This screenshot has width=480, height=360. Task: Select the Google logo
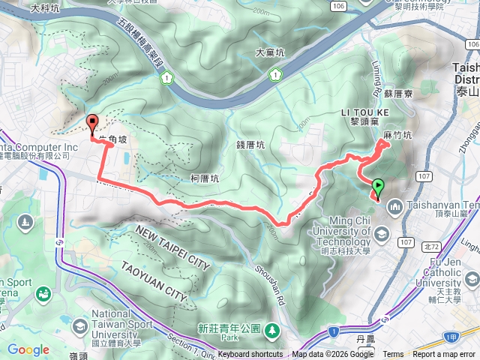28,349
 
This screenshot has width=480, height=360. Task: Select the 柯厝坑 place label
204,179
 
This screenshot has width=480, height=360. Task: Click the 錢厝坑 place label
251,145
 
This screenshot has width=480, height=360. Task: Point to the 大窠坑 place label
270,53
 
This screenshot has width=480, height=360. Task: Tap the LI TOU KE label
363,112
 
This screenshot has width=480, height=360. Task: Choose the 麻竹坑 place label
397,136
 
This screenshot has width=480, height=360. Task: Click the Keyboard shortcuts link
250,355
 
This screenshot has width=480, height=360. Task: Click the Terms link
393,355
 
